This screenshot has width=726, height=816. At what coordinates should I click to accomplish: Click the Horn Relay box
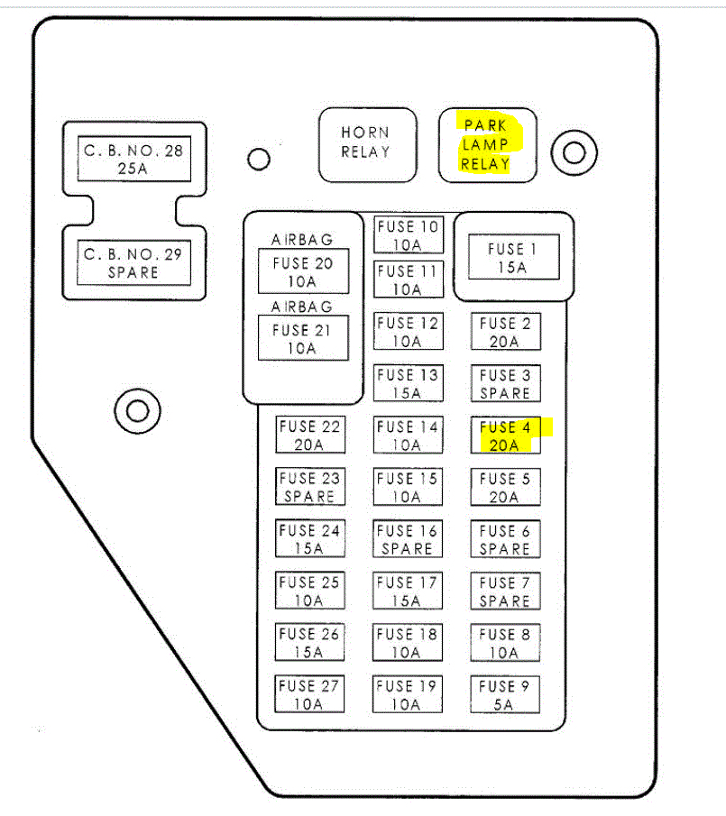(x=367, y=144)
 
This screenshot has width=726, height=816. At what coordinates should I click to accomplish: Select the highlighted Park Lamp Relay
(x=486, y=144)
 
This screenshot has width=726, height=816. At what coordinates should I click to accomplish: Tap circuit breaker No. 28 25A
(x=133, y=159)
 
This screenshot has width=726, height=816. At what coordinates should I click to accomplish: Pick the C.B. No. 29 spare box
(x=133, y=262)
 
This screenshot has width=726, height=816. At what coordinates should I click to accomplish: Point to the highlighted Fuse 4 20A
(x=505, y=436)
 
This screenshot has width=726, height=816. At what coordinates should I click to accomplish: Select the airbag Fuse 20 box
(x=303, y=271)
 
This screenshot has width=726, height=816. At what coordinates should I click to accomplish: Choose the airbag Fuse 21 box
(x=303, y=338)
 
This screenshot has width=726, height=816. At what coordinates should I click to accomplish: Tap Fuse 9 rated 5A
(x=505, y=694)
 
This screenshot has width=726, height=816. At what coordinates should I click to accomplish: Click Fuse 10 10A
(x=408, y=235)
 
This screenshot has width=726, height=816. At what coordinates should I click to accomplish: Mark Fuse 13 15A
(x=408, y=383)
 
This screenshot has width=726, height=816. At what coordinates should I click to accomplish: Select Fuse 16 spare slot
(x=408, y=539)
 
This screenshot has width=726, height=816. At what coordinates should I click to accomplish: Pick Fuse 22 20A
(x=309, y=436)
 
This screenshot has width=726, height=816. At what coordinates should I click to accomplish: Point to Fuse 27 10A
(x=309, y=694)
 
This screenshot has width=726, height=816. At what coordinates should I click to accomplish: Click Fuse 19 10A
(x=408, y=694)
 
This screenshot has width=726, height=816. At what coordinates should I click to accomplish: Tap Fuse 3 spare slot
(x=505, y=383)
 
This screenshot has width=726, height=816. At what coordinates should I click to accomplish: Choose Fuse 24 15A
(x=309, y=539)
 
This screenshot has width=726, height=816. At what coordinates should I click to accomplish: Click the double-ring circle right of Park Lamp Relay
(x=574, y=151)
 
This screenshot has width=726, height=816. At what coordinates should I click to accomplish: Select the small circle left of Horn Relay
(x=259, y=160)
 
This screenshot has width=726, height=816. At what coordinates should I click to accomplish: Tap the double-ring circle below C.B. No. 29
(x=137, y=411)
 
